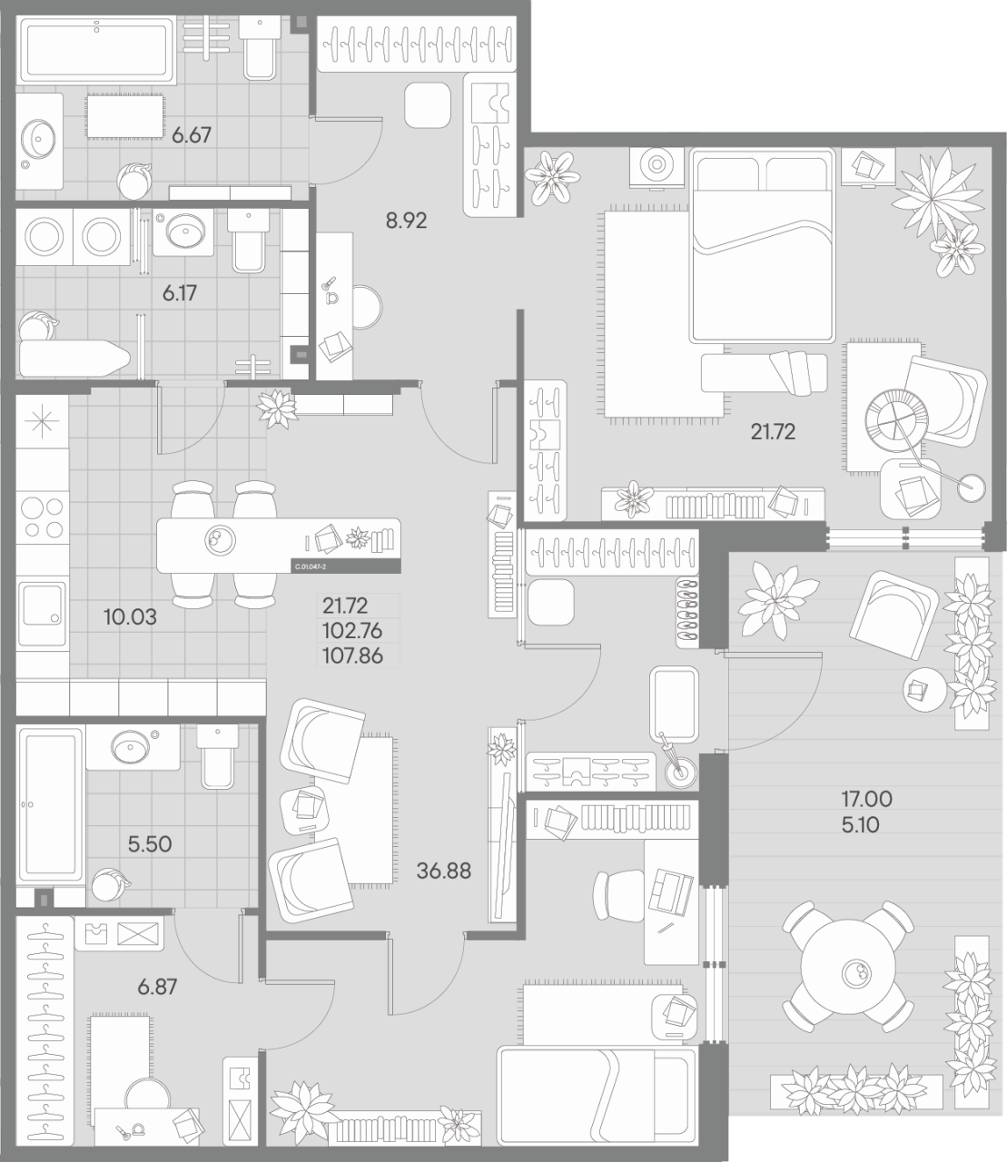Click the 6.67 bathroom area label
tap(192, 135)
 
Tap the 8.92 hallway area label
tap(406, 219)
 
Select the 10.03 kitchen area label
tap(130, 617)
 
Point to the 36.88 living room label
tap(444, 871)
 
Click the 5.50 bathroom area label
tap(150, 843)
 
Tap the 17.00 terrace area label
tap(866, 800)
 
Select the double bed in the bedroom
tap(762, 245)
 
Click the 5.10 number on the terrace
tap(860, 825)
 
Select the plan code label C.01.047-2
tap(311, 566)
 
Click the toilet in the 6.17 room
tap(248, 242)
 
